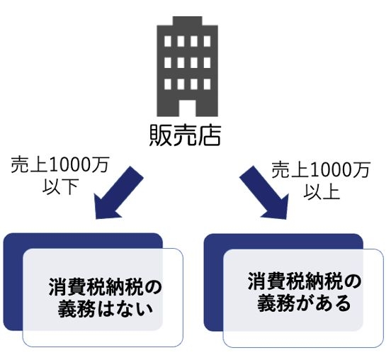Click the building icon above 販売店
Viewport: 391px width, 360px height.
coord(187,67)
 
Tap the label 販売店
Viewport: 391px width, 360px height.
coord(186,135)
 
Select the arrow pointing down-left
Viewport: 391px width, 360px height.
coord(119,193)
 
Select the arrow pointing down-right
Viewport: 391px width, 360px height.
coord(264,193)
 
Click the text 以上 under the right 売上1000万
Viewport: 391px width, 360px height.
coord(322,191)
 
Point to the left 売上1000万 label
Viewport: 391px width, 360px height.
coord(59,165)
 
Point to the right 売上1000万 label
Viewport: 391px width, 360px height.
coord(321,170)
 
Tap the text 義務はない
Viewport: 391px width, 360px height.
coord(106,309)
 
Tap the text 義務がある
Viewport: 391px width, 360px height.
coord(305,303)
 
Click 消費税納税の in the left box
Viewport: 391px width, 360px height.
coord(106,288)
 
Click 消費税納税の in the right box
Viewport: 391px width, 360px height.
coord(305,281)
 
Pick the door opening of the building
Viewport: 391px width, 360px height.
coord(187,108)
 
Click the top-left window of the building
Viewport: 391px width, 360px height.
coord(168,41)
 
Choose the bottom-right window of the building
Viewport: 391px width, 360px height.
coord(207,84)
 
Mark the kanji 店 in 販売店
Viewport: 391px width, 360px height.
coord(210,135)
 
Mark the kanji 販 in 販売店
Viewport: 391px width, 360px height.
coord(160,135)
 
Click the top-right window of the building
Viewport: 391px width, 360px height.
coord(207,41)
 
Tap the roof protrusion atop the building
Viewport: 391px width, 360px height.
coord(187,21)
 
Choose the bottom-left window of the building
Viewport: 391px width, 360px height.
coord(168,84)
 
